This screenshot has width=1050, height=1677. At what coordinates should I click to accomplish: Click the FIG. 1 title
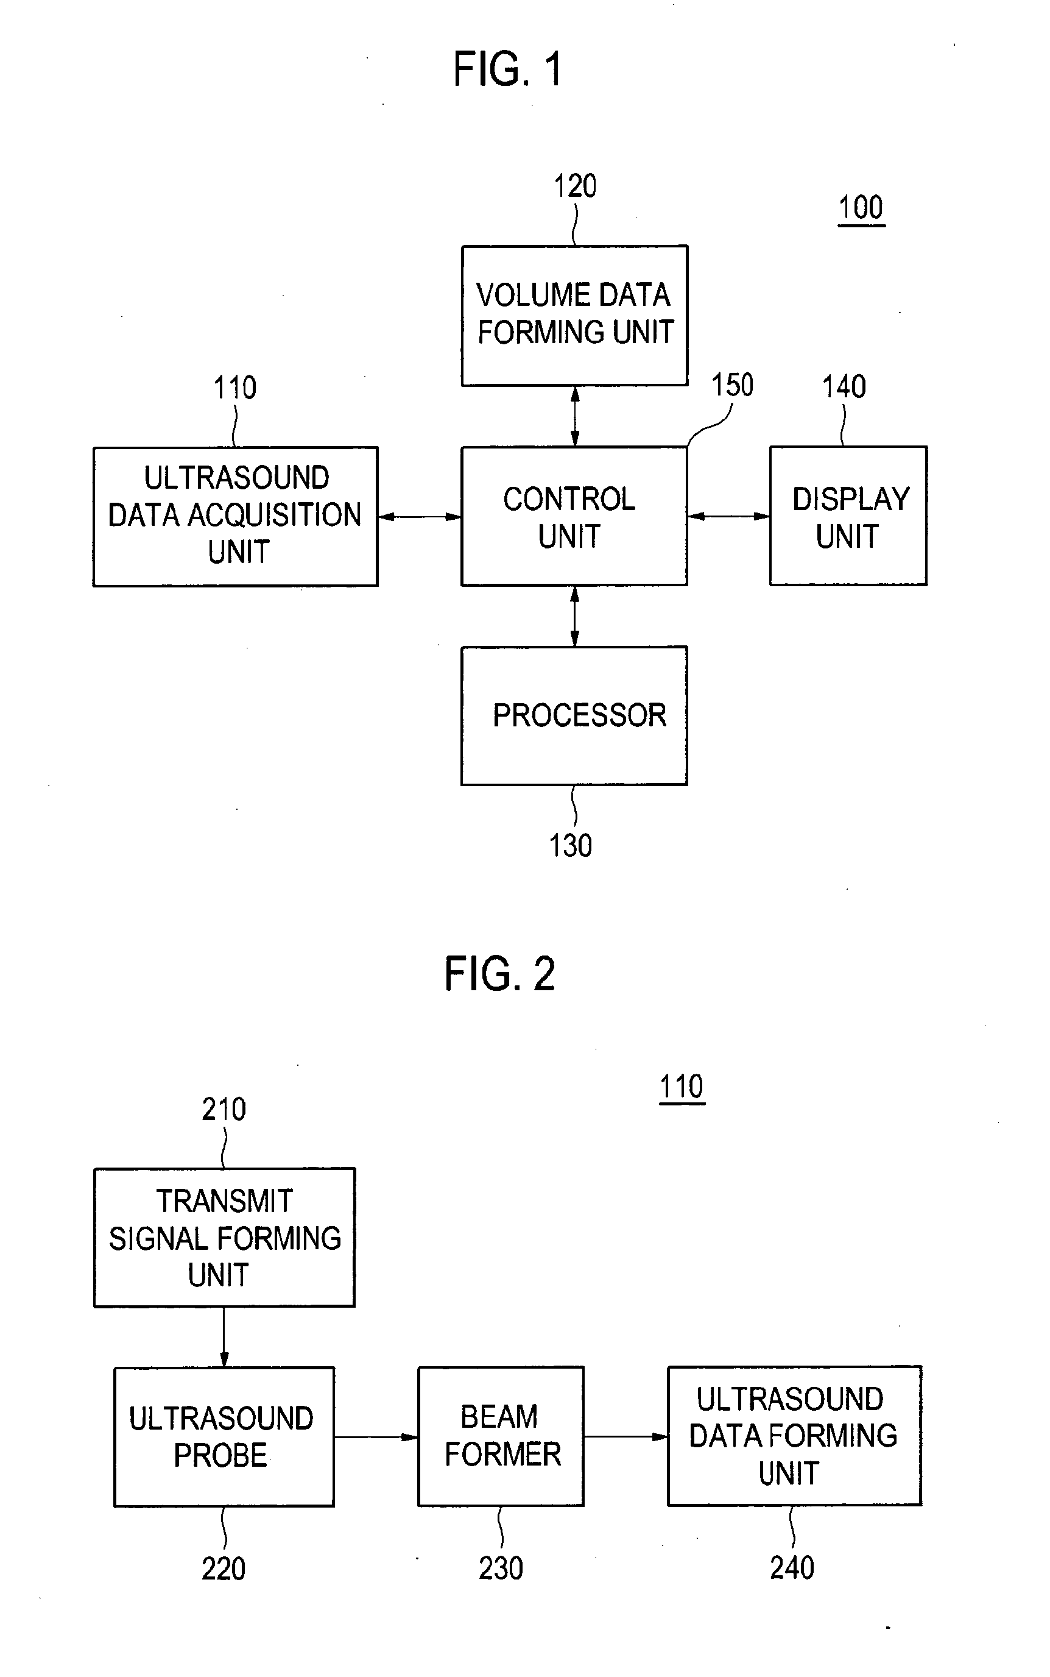(507, 69)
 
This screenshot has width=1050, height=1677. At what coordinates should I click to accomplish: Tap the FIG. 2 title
(500, 973)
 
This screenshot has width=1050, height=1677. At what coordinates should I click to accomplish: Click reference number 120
(575, 186)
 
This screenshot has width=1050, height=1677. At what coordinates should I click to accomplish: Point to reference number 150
(732, 385)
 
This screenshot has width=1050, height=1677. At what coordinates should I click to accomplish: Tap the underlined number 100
(861, 208)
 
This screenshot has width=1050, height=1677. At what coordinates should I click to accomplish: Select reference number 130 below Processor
(571, 845)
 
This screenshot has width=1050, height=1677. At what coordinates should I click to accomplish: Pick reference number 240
(792, 1568)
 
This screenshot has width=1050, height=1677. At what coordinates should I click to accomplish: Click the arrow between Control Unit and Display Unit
(728, 516)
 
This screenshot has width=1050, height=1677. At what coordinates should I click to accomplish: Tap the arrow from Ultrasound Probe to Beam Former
(376, 1438)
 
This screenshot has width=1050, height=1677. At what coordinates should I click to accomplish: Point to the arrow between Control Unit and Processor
(574, 616)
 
